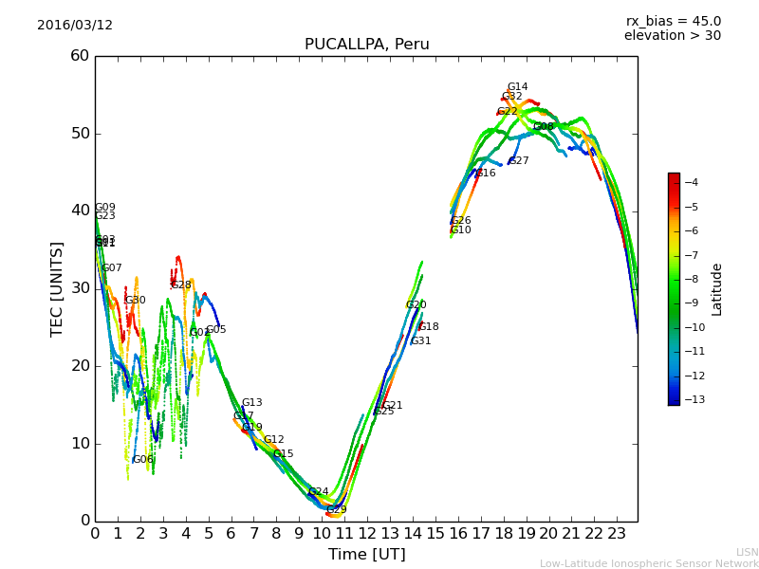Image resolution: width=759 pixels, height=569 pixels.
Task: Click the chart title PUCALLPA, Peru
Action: click(x=366, y=45)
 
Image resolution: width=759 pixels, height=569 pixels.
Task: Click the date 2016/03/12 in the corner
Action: click(x=75, y=26)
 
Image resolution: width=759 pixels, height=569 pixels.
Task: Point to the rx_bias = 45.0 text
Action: click(x=673, y=21)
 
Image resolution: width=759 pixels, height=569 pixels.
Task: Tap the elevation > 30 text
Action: click(x=672, y=36)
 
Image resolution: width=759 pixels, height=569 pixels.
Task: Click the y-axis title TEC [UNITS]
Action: click(x=58, y=288)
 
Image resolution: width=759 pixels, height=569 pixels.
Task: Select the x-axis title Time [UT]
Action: click(x=366, y=555)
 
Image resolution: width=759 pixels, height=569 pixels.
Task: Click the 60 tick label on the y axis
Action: click(x=80, y=56)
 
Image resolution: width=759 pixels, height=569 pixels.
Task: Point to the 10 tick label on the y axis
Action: click(x=80, y=444)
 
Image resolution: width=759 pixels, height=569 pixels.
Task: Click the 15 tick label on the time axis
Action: click(x=435, y=534)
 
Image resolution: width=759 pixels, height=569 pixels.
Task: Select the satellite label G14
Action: click(x=517, y=87)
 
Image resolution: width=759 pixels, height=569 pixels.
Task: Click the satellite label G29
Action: click(x=337, y=510)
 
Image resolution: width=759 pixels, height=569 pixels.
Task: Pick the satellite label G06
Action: click(x=142, y=460)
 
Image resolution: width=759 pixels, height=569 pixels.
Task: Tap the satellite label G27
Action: click(x=519, y=161)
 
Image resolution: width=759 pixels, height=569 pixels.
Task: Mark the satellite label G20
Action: click(x=416, y=305)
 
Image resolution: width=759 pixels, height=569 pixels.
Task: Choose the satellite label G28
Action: click(x=181, y=285)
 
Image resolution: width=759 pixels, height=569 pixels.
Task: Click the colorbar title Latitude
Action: click(x=717, y=289)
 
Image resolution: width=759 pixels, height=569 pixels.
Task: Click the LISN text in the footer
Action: click(x=747, y=552)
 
